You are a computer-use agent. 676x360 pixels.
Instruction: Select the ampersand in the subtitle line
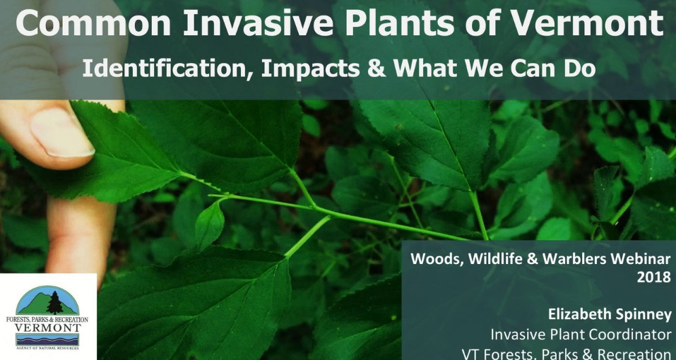(376, 68)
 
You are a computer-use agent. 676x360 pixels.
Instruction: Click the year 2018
(654, 277)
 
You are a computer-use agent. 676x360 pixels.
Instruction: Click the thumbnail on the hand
(62, 131)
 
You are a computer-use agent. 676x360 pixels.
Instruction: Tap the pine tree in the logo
(54, 303)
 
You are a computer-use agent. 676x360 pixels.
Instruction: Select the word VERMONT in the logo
(47, 328)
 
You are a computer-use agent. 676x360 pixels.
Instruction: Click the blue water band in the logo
(47, 340)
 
